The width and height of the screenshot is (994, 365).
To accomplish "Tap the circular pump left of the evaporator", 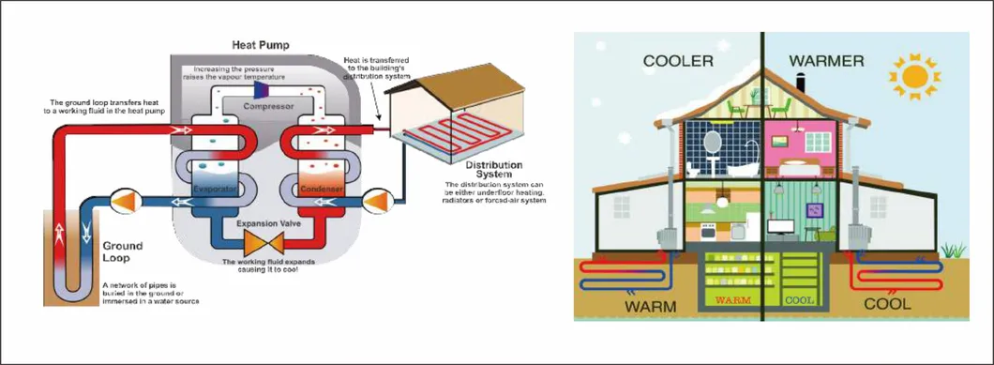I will pos(124,200).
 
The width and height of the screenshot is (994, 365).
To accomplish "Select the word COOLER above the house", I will pos(678,62).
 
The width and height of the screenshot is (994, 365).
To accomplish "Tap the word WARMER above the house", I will pos(826,62).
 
